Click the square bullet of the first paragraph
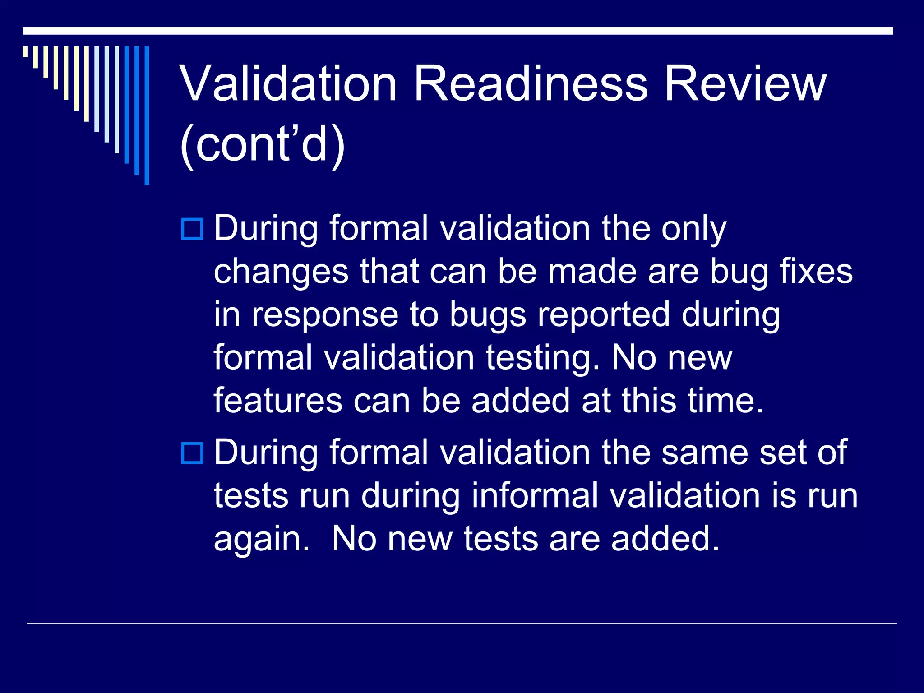point(192,229)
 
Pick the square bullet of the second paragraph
point(192,453)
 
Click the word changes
point(281,272)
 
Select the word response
point(325,315)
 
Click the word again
point(261,540)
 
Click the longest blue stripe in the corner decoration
point(147,115)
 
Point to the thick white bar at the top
point(458,31)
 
